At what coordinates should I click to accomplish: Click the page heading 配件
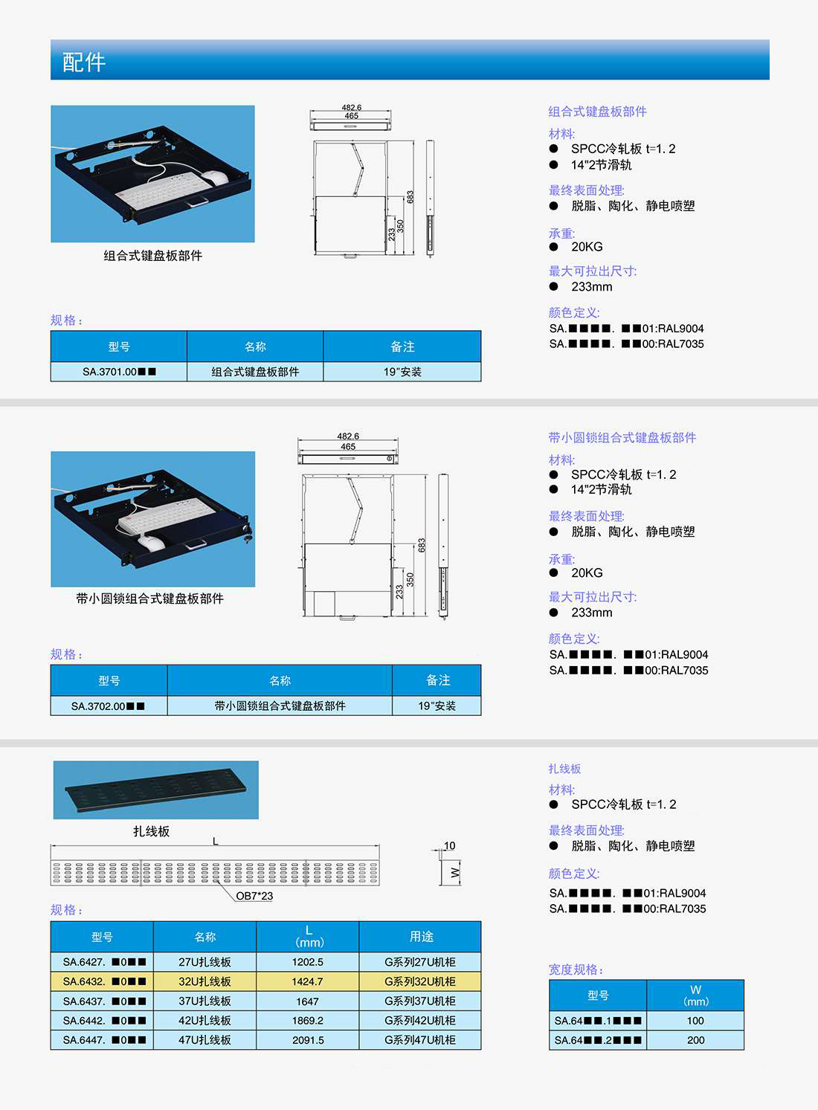pyautogui.click(x=84, y=62)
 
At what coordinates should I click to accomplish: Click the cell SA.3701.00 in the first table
pyautogui.click(x=118, y=372)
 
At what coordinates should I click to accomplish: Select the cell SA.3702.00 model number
pyautogui.click(x=109, y=706)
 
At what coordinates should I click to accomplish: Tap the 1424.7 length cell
pyautogui.click(x=307, y=981)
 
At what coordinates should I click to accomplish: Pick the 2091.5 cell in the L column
pyautogui.click(x=307, y=1039)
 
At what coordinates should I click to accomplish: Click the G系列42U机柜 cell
pyautogui.click(x=420, y=1020)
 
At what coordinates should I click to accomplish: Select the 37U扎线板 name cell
pyautogui.click(x=204, y=1001)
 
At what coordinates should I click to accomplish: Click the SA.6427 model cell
pyautogui.click(x=102, y=962)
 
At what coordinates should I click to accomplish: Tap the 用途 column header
pyautogui.click(x=421, y=937)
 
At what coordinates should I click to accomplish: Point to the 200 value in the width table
pyautogui.click(x=695, y=1039)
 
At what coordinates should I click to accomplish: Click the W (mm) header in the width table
pyautogui.click(x=695, y=995)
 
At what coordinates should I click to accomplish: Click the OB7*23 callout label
pyautogui.click(x=254, y=895)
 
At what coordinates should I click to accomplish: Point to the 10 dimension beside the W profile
pyautogui.click(x=449, y=845)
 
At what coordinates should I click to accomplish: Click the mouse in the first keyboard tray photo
pyautogui.click(x=216, y=178)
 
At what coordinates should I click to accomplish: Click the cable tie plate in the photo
pyautogui.click(x=155, y=790)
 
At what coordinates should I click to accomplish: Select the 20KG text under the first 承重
pyautogui.click(x=587, y=246)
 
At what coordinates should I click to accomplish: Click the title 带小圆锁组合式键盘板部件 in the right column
pyautogui.click(x=622, y=437)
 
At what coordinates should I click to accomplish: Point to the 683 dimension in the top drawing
pyautogui.click(x=410, y=197)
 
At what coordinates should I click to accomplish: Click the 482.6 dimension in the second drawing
pyautogui.click(x=348, y=436)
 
